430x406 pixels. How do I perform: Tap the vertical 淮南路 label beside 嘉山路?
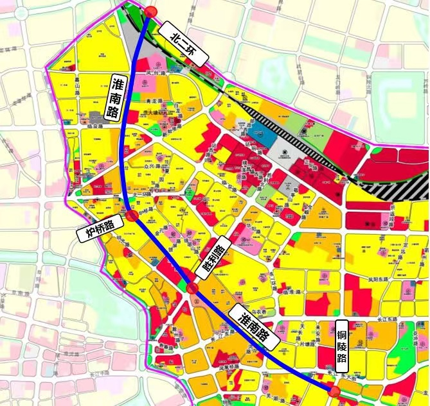116,98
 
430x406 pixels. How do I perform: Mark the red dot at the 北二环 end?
150,12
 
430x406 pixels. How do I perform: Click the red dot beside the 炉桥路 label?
132,216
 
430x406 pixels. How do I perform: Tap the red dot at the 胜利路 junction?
192,288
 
